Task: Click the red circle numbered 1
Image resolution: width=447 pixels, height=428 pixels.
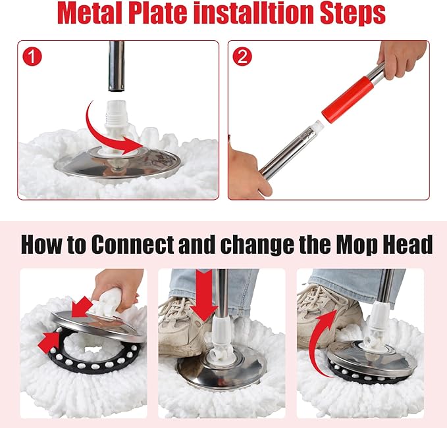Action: coord(32,57)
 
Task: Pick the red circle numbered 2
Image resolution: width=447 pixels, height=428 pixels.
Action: coord(242,57)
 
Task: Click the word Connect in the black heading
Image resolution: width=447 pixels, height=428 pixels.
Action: coord(132,245)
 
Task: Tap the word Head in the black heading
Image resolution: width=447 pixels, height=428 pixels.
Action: coord(407,245)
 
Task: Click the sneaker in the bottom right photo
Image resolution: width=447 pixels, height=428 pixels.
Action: coord(325,313)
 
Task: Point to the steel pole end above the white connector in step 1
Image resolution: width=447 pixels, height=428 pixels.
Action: coord(117,66)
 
